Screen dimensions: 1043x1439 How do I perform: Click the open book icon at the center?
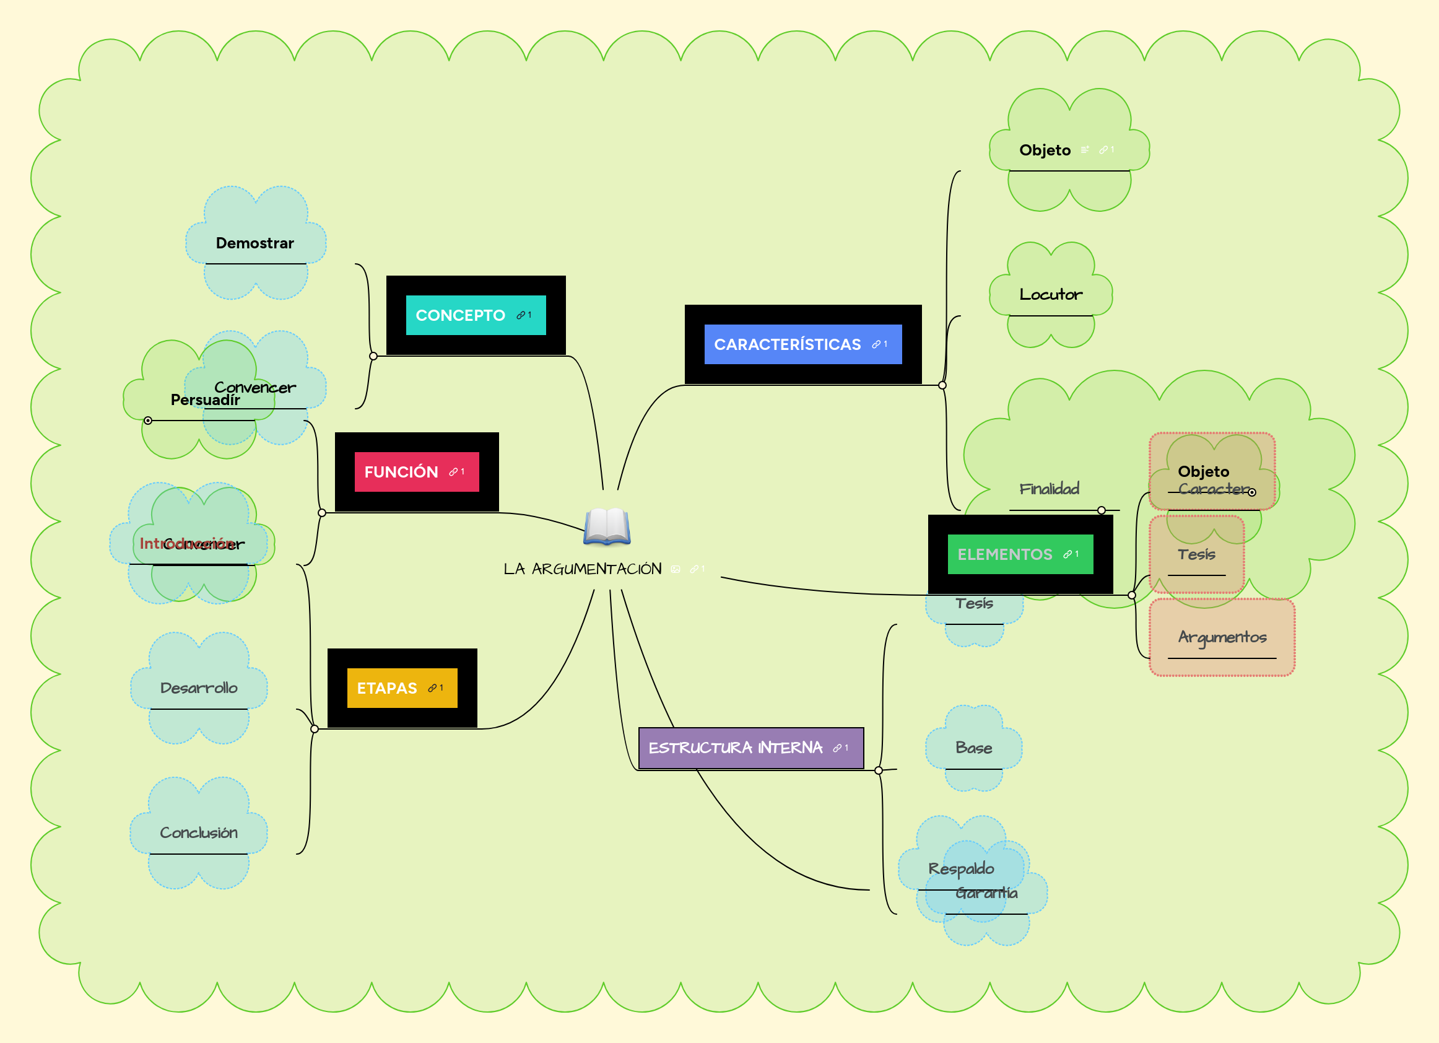607,526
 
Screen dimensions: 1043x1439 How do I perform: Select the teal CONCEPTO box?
474,315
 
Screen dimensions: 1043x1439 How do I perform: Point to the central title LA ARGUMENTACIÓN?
582,569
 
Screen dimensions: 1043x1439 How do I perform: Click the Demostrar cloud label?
254,243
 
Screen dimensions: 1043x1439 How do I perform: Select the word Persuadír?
205,400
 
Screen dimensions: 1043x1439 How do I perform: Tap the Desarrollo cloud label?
199,687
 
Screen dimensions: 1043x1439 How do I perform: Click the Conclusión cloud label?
199,832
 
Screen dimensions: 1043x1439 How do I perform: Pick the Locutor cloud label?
1051,295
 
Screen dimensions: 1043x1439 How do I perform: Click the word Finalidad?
1050,489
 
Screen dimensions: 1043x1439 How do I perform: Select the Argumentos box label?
1222,637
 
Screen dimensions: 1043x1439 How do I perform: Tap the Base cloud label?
973,748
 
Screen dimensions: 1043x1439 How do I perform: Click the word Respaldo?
960,868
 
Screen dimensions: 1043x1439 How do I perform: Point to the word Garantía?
986,893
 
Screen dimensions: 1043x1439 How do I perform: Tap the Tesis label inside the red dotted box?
1196,554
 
